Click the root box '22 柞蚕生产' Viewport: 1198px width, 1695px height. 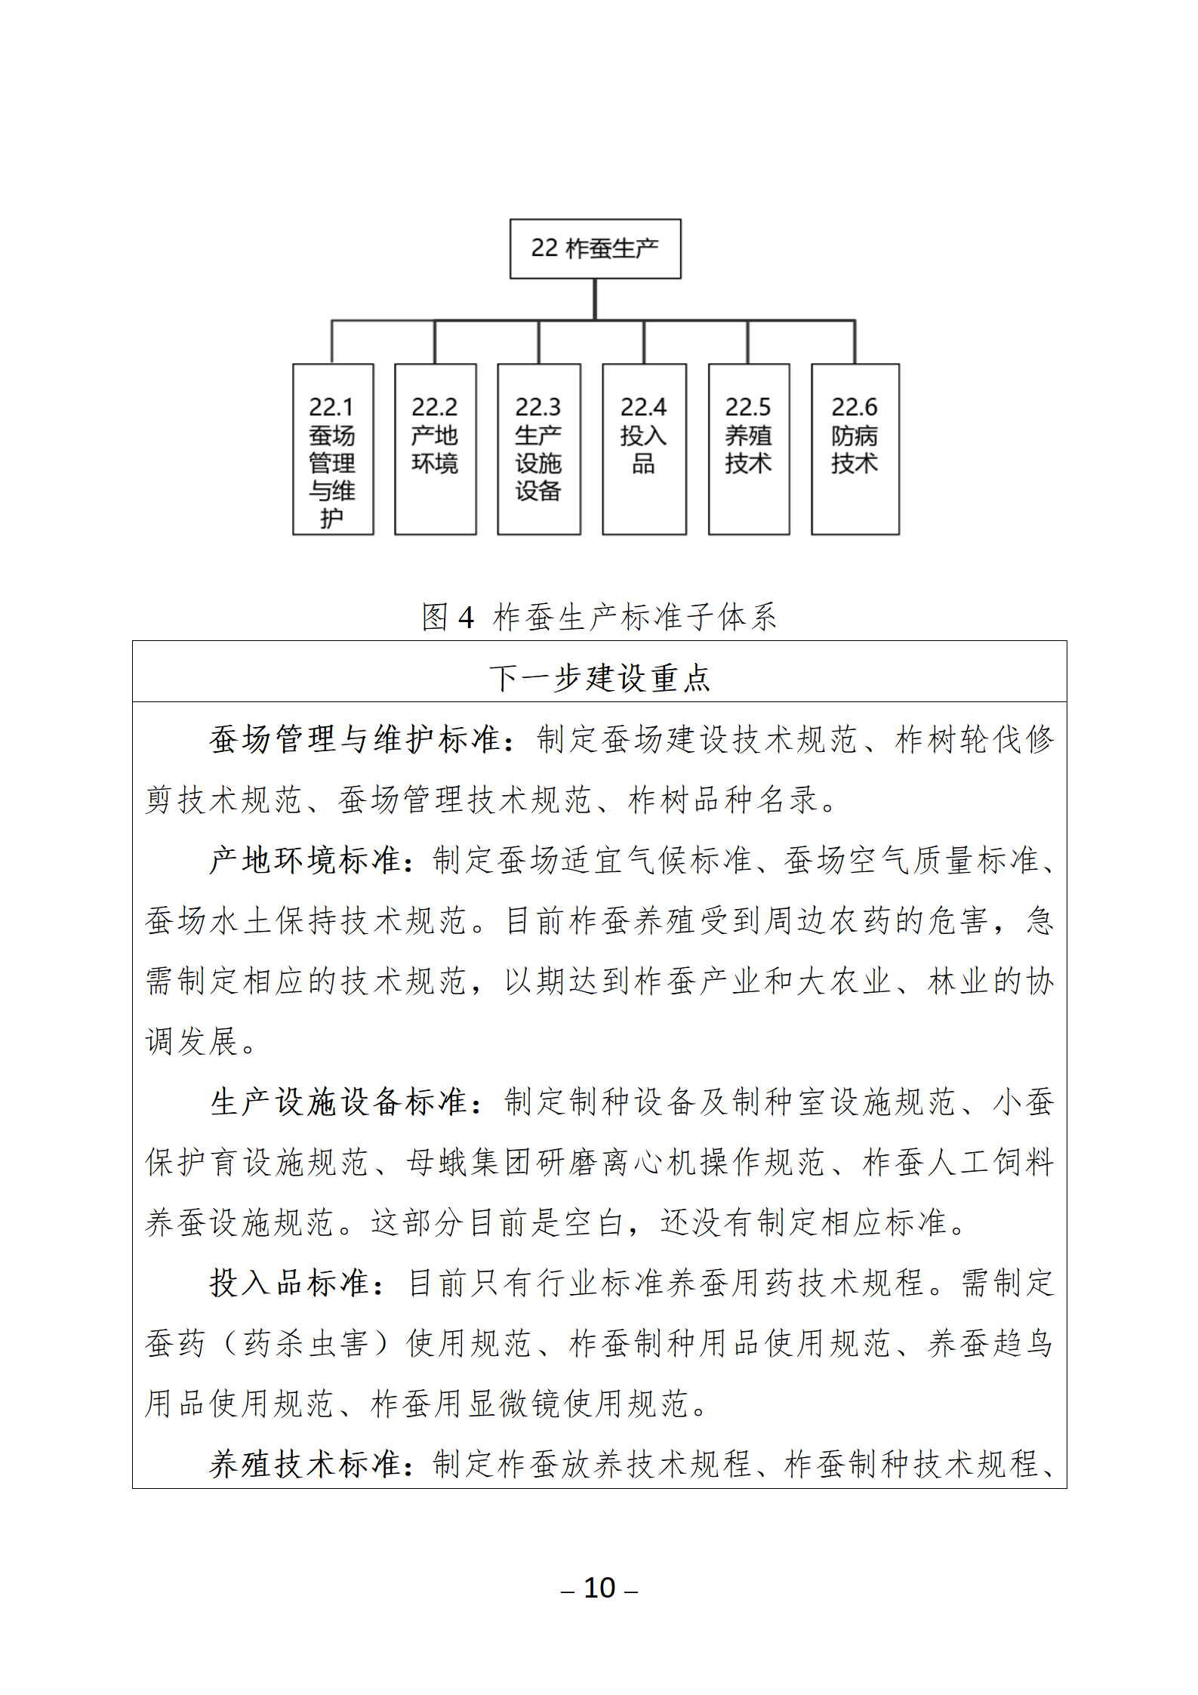pos(595,248)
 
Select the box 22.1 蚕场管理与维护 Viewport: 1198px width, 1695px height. pos(333,449)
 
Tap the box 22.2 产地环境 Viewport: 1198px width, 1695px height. pos(435,449)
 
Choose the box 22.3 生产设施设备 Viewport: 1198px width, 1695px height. pos(538,449)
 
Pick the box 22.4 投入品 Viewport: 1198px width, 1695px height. pos(644,449)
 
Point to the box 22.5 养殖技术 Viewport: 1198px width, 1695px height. pos(748,449)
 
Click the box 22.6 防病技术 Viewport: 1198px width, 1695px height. pos(855,449)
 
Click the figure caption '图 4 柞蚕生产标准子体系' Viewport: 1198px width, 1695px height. pos(599,617)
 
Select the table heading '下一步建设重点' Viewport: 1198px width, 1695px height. pos(599,677)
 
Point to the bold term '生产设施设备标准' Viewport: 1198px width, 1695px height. pos(337,1102)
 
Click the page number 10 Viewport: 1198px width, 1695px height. pos(599,1587)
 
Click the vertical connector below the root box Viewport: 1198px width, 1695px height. pos(595,299)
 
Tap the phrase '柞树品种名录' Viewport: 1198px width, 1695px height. pos(723,800)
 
